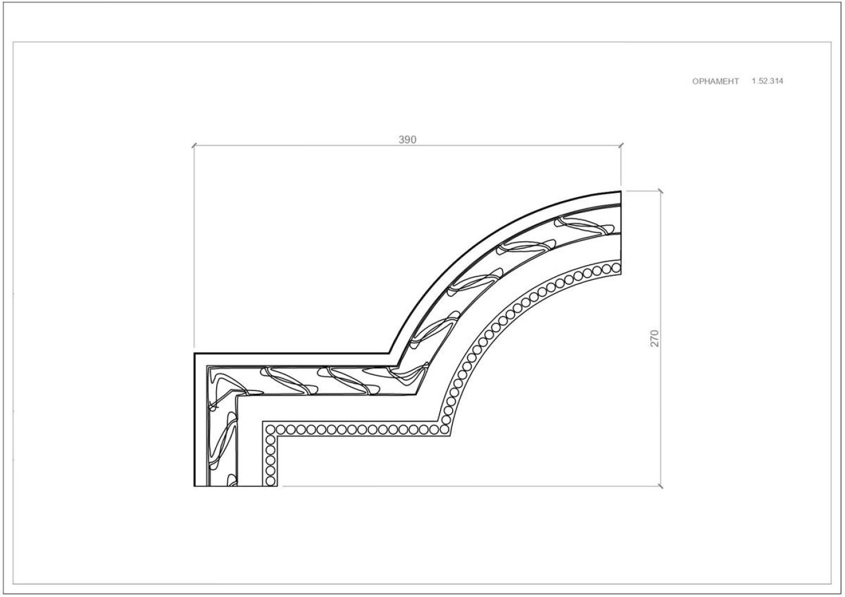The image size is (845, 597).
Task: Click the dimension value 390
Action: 407,140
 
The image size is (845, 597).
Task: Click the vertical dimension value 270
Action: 655,338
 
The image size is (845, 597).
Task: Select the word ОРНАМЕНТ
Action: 715,81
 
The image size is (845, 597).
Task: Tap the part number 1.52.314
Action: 767,81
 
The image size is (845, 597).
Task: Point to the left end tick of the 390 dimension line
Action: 194,145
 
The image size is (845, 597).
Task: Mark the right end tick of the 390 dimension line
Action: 621,145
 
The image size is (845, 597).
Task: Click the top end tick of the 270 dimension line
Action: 660,191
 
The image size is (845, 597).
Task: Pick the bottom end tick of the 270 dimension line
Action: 660,486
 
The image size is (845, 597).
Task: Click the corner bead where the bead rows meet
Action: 271,430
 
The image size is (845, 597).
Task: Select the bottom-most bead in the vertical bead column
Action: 271,481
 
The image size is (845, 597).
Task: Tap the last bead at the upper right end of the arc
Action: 616,268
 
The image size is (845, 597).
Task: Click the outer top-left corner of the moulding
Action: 194,353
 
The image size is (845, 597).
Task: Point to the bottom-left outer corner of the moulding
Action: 194,486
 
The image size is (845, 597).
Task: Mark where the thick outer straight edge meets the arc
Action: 390,353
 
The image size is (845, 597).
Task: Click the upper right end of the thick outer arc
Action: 620,192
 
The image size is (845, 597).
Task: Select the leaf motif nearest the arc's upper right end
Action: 584,226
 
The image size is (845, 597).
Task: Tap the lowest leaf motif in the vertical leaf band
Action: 231,480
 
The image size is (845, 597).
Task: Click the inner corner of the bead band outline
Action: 278,437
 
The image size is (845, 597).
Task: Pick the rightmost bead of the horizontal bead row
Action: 444,430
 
